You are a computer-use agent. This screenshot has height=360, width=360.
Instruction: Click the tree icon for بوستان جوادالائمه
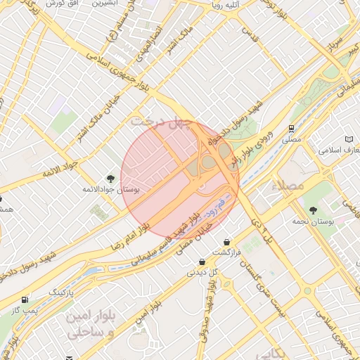click(110, 179)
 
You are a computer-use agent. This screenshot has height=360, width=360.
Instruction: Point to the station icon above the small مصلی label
click(290, 128)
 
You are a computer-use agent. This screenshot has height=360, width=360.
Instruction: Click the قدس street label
click(251, 32)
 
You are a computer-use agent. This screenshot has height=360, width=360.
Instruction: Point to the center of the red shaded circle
click(180, 179)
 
